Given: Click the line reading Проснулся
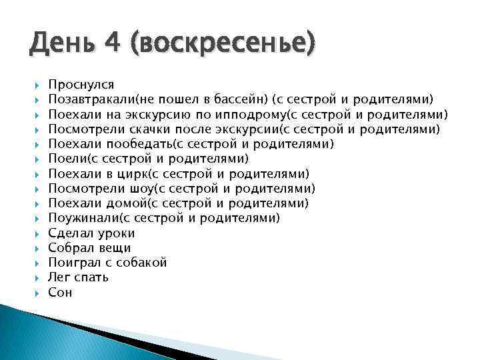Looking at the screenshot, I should tap(81, 85).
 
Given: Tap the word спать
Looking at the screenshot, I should tap(91, 277).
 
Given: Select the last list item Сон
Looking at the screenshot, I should tap(60, 293).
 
